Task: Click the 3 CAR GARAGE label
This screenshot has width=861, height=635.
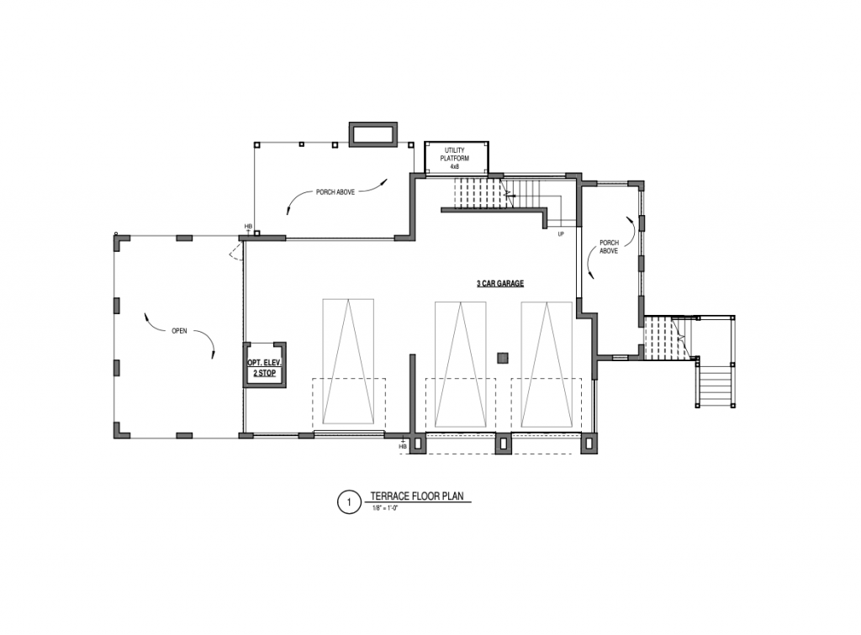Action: (x=499, y=284)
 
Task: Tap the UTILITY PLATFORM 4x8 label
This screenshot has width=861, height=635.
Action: (x=455, y=158)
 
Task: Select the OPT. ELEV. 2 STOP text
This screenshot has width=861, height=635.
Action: (x=264, y=368)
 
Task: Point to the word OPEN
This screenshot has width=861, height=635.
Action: (x=180, y=331)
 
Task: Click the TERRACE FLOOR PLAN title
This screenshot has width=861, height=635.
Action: (x=417, y=496)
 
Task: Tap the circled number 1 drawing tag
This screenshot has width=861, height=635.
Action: (x=348, y=501)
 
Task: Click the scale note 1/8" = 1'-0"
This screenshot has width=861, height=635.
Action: (x=385, y=508)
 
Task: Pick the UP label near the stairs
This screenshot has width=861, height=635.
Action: (x=561, y=234)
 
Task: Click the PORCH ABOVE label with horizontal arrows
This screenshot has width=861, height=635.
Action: (x=335, y=192)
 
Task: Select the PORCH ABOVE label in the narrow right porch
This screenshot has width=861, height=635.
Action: (x=609, y=247)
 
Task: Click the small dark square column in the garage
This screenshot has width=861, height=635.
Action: (x=503, y=358)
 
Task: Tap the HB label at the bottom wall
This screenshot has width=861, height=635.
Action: (x=403, y=447)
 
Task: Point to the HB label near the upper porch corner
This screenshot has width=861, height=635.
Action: (x=248, y=226)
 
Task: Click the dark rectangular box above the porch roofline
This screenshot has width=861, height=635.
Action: (x=373, y=134)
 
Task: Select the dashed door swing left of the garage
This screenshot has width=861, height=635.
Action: (x=235, y=253)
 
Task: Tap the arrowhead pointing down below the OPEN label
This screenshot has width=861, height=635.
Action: (x=213, y=355)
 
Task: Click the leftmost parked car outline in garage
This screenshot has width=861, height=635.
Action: (x=348, y=361)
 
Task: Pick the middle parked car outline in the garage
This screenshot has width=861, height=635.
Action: (x=460, y=364)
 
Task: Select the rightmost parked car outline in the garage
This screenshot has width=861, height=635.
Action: (x=547, y=364)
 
